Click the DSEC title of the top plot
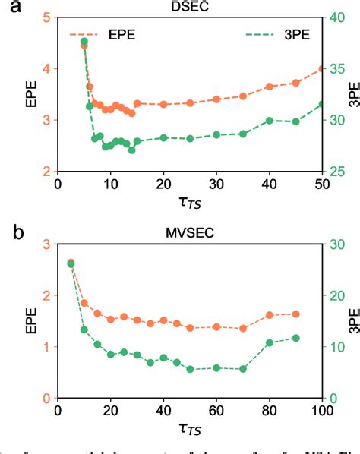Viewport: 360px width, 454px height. (x=189, y=6)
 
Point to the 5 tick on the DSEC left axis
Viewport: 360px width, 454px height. (x=49, y=17)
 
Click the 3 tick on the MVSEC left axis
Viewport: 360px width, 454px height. (x=49, y=244)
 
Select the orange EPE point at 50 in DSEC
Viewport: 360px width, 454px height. (x=322, y=68)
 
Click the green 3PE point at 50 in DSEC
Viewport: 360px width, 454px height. (x=322, y=104)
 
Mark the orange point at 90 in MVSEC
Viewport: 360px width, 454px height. (x=296, y=314)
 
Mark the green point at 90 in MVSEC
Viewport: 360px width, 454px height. (x=296, y=338)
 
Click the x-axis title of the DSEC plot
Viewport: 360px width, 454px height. (x=189, y=203)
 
